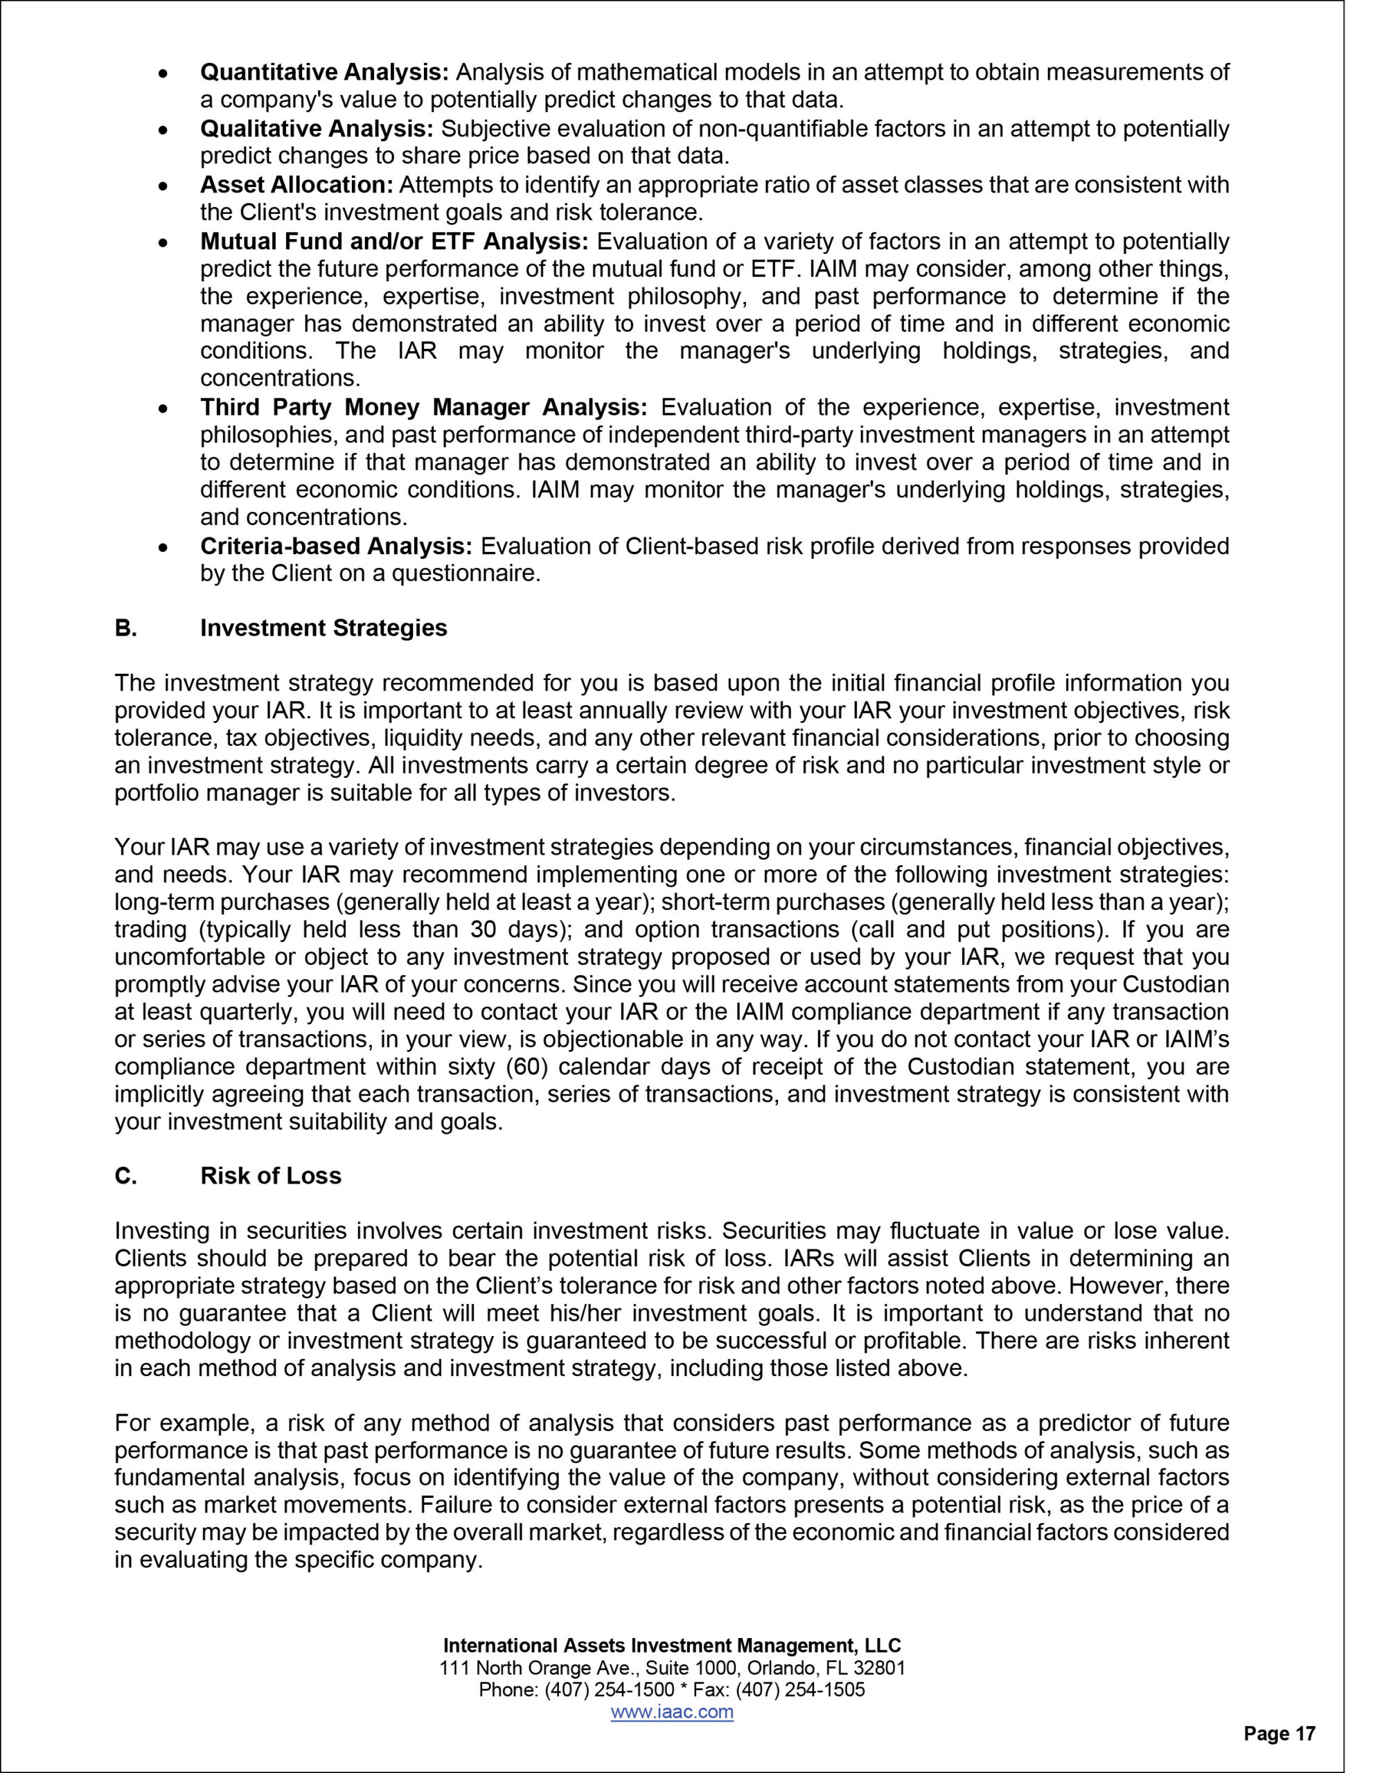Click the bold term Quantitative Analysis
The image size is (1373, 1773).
(x=324, y=72)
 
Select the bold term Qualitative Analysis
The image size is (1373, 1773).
(x=317, y=128)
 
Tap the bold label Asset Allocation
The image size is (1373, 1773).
(x=296, y=184)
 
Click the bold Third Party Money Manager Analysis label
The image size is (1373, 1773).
(x=423, y=407)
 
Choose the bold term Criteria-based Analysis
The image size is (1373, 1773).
(x=335, y=546)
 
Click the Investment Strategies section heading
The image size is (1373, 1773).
(x=323, y=627)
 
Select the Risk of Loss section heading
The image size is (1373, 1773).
(x=270, y=1175)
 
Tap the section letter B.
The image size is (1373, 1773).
(x=125, y=627)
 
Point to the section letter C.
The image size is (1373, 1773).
(x=125, y=1175)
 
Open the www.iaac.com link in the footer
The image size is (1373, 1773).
(x=671, y=1711)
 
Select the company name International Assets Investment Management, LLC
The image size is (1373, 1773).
(x=671, y=1646)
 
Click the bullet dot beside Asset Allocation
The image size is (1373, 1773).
(x=163, y=186)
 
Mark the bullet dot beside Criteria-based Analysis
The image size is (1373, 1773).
(x=163, y=547)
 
